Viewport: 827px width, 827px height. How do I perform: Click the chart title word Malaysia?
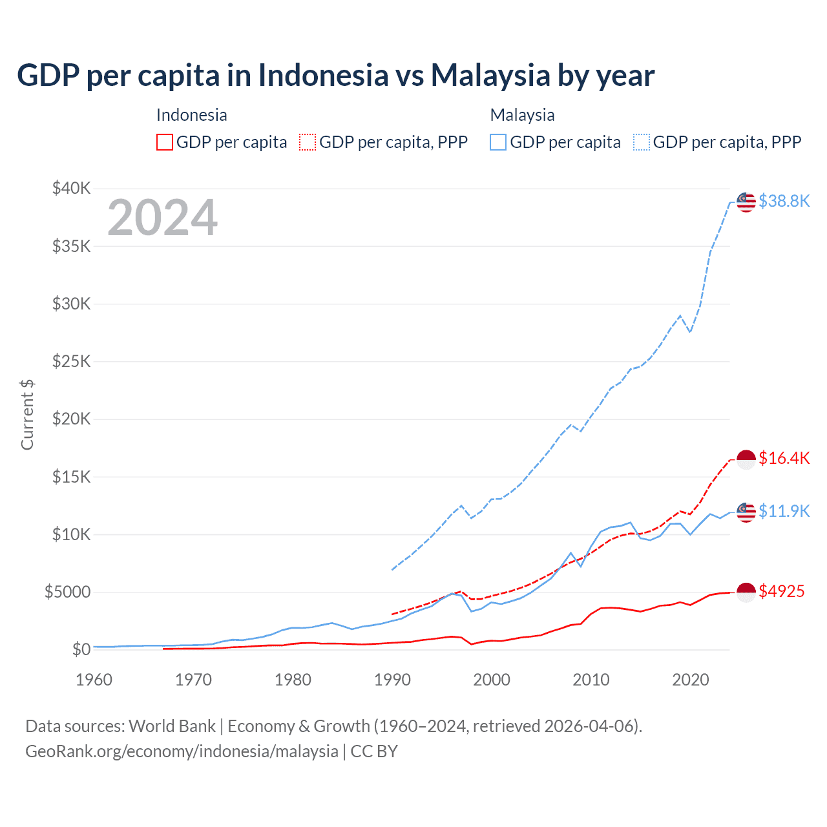point(490,76)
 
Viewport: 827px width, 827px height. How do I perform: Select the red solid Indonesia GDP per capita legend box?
point(165,142)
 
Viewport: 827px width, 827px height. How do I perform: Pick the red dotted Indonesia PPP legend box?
point(308,142)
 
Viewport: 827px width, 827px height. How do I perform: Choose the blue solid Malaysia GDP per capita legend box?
point(498,142)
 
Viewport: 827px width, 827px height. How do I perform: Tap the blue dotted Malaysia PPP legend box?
point(642,142)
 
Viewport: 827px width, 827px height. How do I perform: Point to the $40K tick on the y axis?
point(72,189)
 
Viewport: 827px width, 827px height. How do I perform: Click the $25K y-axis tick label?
point(72,361)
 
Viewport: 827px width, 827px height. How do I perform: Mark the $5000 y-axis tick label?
point(67,592)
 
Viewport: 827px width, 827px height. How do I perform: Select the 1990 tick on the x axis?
point(392,680)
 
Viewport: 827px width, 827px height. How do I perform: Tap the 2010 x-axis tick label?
point(591,680)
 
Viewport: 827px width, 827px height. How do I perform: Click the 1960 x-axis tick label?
point(94,680)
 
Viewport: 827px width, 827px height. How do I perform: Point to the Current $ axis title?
point(27,415)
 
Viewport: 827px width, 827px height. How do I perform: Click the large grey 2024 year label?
point(162,218)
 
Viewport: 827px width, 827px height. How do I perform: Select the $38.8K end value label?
point(784,201)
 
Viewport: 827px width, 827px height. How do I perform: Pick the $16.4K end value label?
point(784,458)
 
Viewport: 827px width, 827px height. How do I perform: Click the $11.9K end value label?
point(784,511)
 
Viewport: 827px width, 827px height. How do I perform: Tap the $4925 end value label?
point(781,591)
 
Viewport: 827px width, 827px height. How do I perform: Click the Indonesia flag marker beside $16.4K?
point(746,459)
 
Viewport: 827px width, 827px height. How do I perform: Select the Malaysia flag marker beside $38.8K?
point(746,202)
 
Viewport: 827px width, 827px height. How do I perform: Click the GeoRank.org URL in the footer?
point(182,751)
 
